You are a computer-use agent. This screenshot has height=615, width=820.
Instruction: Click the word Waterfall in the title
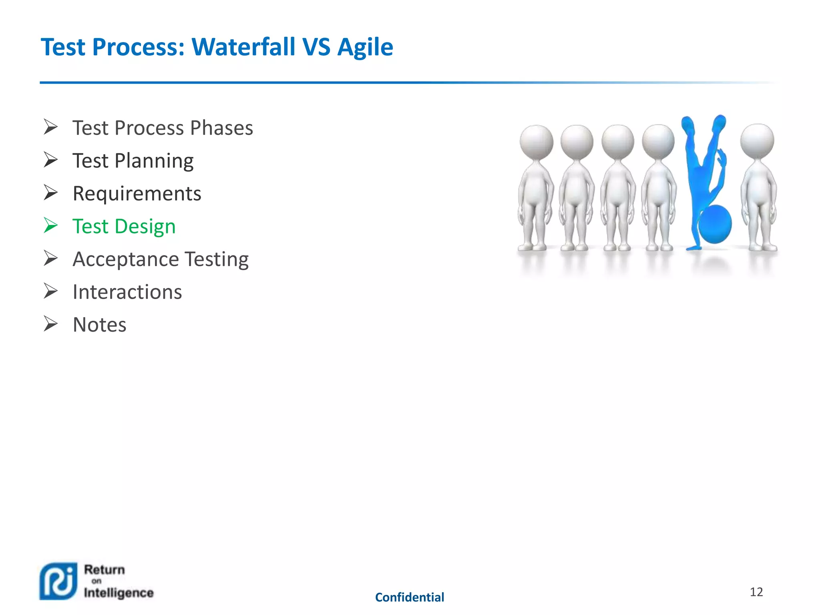[x=243, y=47]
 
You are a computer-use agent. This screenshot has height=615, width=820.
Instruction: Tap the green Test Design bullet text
[x=124, y=227]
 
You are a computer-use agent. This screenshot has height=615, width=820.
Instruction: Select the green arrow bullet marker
[x=51, y=225]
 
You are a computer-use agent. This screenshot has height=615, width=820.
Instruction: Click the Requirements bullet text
[x=137, y=194]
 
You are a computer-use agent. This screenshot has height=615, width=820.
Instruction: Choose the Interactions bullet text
[x=127, y=292]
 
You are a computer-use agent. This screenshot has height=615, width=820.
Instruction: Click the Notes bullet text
[x=99, y=325]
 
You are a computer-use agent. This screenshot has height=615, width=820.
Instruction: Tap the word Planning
[x=154, y=161]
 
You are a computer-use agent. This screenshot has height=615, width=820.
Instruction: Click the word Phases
[x=221, y=128]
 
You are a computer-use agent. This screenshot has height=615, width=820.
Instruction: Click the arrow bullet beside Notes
[x=51, y=324]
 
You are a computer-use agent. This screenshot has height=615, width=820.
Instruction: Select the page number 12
[x=756, y=592]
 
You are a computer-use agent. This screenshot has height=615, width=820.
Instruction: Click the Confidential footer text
[x=409, y=597]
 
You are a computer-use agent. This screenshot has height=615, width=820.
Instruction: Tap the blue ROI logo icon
[x=58, y=581]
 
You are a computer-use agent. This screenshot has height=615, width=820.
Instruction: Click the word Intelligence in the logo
[x=119, y=593]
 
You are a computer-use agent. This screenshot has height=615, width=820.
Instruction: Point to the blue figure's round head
[x=715, y=224]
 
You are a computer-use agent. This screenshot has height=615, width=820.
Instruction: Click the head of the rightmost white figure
[x=757, y=141]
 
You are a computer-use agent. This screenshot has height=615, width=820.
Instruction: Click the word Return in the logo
[x=104, y=569]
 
